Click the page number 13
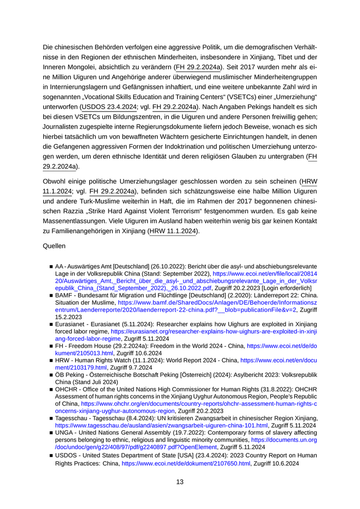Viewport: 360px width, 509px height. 180,482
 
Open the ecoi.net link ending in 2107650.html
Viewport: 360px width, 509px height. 186,463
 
